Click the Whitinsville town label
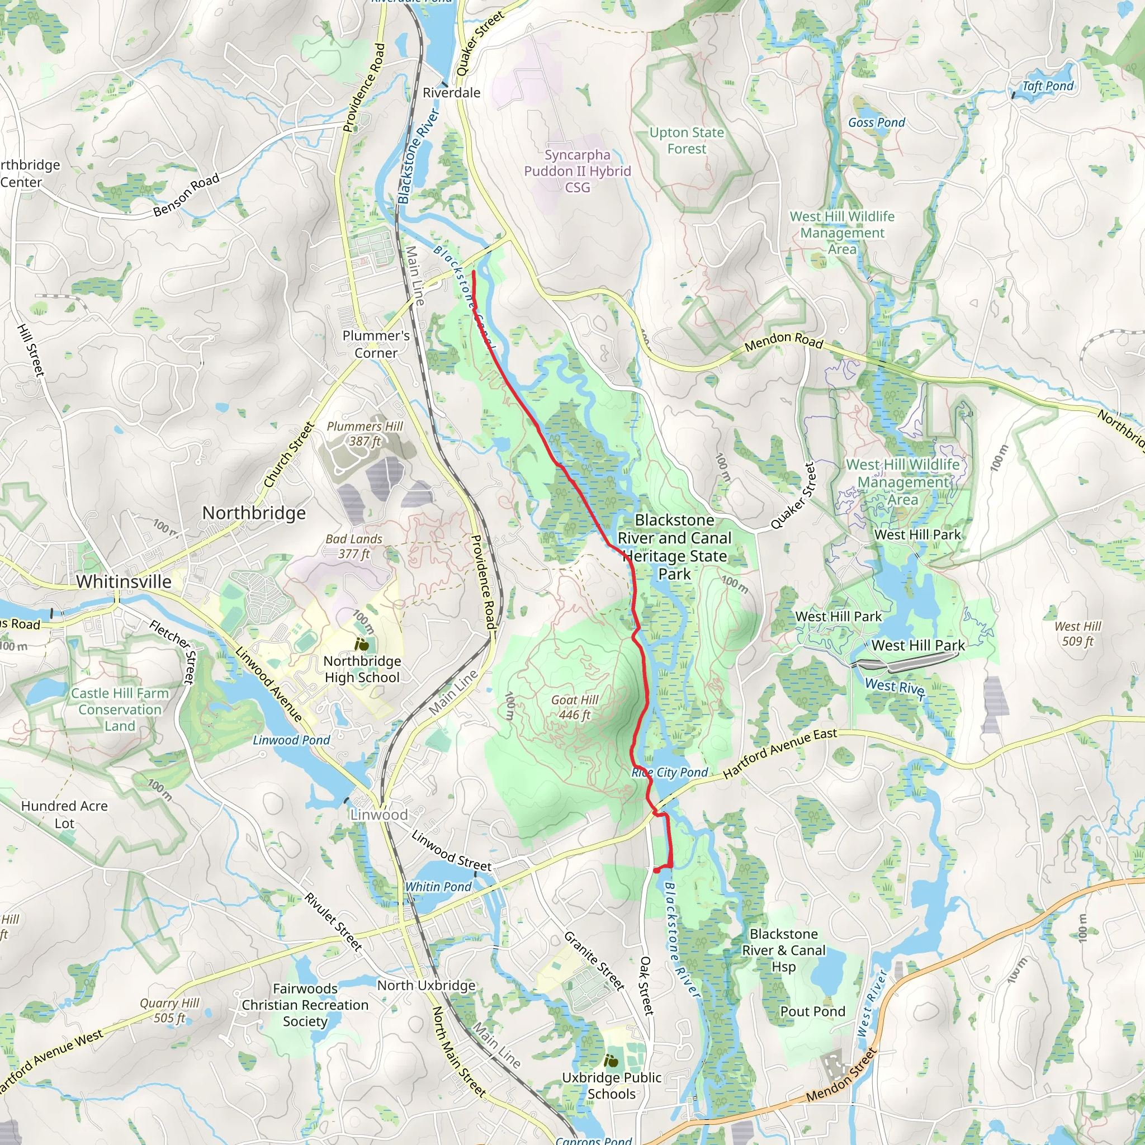pos(124,581)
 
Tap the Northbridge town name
pos(254,513)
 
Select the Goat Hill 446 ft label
pos(574,707)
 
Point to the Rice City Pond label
pos(670,773)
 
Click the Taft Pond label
pos(1047,86)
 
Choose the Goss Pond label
pos(877,122)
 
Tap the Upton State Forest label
pos(687,140)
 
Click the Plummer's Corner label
pos(376,344)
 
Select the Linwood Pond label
pos(291,740)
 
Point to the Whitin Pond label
pos(438,887)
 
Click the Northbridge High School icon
pos(362,644)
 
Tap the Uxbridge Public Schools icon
pos(611,1061)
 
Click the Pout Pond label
pos(812,1011)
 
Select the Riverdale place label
pos(451,93)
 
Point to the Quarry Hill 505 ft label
pos(169,1010)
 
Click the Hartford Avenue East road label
pos(779,753)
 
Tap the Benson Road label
pos(186,195)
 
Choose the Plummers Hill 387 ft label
pos(365,434)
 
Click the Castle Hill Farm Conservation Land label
pos(120,709)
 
